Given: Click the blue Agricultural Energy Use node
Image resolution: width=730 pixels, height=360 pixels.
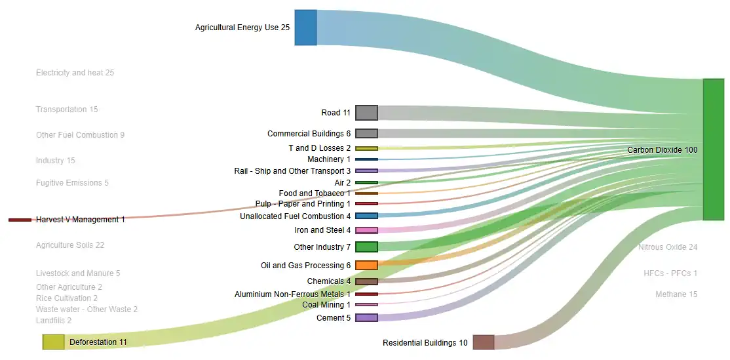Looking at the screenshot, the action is pos(305,28).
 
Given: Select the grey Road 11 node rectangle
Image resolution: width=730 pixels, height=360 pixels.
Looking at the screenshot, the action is pos(366,113).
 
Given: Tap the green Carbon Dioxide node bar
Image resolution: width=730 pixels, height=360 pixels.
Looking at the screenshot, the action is pos(713,150).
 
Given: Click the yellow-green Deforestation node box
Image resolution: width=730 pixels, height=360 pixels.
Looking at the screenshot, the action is pos(54,342).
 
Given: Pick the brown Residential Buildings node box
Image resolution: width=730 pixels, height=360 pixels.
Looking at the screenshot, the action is pos(483,342).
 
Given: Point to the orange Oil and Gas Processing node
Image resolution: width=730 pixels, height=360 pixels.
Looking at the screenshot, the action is pos(366,266).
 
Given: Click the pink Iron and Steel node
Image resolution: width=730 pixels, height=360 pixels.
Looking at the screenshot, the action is pos(366,230).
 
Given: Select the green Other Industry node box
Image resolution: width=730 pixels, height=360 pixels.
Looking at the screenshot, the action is pos(366,247).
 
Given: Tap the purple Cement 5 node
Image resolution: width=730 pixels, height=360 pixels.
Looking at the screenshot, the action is pos(366,317).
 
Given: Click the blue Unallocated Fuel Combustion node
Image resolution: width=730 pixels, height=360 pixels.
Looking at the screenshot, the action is pos(366,216).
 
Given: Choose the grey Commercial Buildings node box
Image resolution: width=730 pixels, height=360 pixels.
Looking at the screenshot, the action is pos(366,134).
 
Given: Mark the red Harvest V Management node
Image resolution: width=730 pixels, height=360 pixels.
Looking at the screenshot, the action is pos(20,220).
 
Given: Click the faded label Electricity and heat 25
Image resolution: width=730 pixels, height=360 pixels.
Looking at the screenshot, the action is pos(75,73).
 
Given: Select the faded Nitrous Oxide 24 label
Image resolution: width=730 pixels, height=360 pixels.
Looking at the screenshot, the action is pos(668,247).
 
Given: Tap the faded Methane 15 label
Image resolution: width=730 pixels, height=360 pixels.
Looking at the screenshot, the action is pos(676,294).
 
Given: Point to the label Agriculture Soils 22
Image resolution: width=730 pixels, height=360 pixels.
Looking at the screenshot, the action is pos(70,245).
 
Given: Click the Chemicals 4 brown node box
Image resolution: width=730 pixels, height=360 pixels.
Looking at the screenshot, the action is pos(366,281).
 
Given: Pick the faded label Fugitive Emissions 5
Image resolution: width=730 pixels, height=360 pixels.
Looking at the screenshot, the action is pos(72,182).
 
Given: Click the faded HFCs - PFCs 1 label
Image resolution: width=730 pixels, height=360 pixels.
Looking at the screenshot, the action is pos(670,273).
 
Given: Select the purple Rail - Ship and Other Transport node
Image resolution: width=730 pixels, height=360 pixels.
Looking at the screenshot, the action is pos(366,171).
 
